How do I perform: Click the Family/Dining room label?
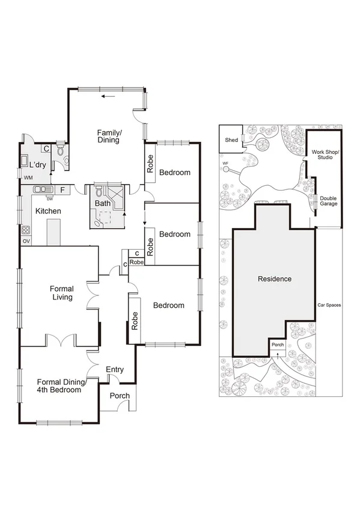[x=109, y=136]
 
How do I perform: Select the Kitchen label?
[x=47, y=211]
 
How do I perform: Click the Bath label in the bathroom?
[x=103, y=203]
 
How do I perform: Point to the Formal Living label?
[x=61, y=293]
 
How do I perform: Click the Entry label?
[x=114, y=369]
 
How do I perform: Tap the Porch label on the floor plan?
[x=118, y=396]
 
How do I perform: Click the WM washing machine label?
[x=28, y=177]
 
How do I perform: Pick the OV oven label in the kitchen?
[x=26, y=241]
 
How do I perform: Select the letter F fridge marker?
[x=63, y=190]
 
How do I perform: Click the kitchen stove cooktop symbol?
[x=26, y=229]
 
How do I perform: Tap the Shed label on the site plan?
[x=231, y=140]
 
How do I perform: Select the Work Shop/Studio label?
[x=325, y=155]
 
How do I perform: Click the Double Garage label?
[x=328, y=201]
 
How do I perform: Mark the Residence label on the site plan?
[x=275, y=278]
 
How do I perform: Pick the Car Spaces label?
[x=329, y=305]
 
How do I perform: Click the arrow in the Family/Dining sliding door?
[x=108, y=96]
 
